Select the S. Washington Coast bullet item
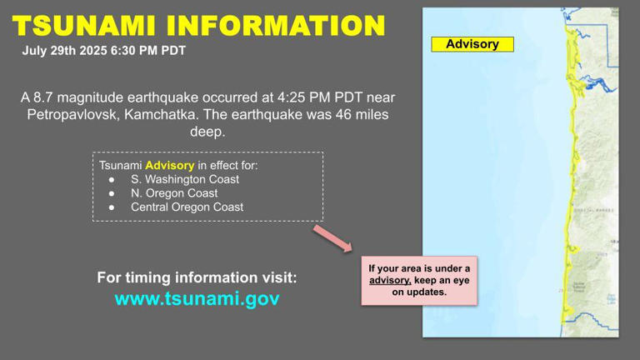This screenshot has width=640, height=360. click(x=184, y=179)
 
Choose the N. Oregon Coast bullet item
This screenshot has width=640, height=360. click(x=174, y=193)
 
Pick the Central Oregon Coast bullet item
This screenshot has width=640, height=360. click(x=187, y=207)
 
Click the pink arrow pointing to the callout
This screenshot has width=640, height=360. click(x=333, y=237)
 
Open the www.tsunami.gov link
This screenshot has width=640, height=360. click(x=197, y=299)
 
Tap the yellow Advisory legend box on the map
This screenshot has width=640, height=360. click(x=472, y=44)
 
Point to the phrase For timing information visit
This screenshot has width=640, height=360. click(x=197, y=277)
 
